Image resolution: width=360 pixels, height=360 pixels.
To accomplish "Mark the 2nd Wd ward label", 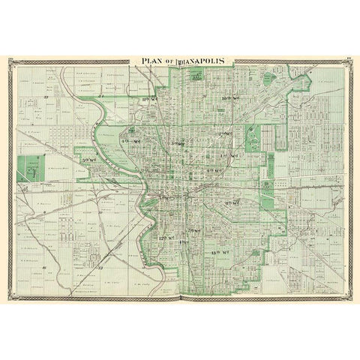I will click(x=222, y=134).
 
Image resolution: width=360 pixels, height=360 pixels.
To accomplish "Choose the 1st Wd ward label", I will click(x=230, y=155).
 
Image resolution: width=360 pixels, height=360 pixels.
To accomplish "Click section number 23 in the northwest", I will click(x=46, y=97).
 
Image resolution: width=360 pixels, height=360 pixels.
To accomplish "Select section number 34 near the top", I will click(x=102, y=97).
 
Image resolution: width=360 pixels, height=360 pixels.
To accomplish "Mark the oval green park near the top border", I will click(x=197, y=74).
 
